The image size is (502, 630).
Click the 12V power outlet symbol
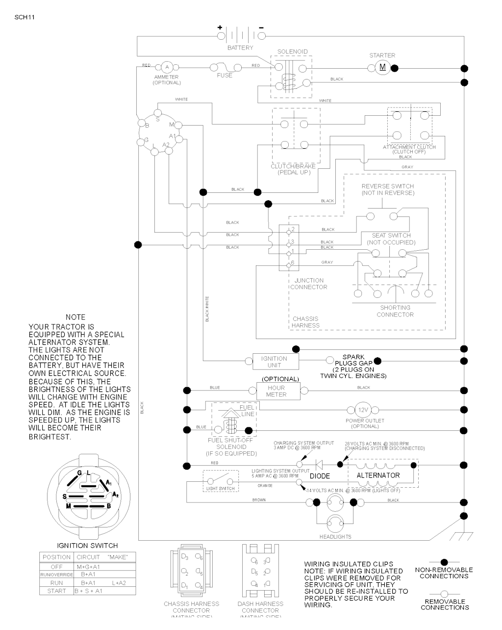[362, 410]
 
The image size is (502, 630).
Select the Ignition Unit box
[274, 362]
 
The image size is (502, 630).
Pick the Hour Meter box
[276, 391]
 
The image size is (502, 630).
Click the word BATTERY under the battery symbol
[240, 48]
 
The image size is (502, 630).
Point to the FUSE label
[225, 75]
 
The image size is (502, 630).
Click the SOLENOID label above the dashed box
[292, 52]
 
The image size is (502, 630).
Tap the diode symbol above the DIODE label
[320, 464]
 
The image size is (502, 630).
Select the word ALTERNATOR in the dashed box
[378, 475]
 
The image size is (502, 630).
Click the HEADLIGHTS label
[335, 536]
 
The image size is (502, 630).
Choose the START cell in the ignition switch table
[56, 591]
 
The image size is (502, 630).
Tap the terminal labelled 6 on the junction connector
[288, 264]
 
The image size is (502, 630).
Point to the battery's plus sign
[220, 27]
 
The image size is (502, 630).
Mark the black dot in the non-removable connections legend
[444, 562]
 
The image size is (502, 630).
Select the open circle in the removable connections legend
[444, 594]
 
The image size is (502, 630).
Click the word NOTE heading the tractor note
[75, 317]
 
